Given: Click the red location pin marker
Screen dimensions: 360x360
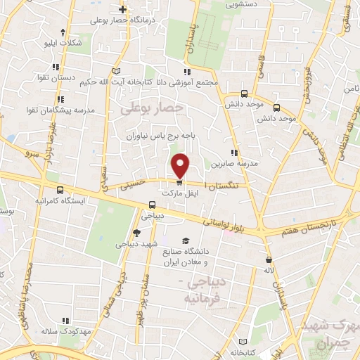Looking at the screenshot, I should click(x=181, y=166).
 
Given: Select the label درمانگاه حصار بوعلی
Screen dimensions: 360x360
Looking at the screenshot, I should click(x=122, y=20).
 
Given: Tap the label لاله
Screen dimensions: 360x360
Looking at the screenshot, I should click(x=268, y=270).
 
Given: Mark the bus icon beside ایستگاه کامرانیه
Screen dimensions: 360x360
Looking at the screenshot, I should click(x=60, y=190).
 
